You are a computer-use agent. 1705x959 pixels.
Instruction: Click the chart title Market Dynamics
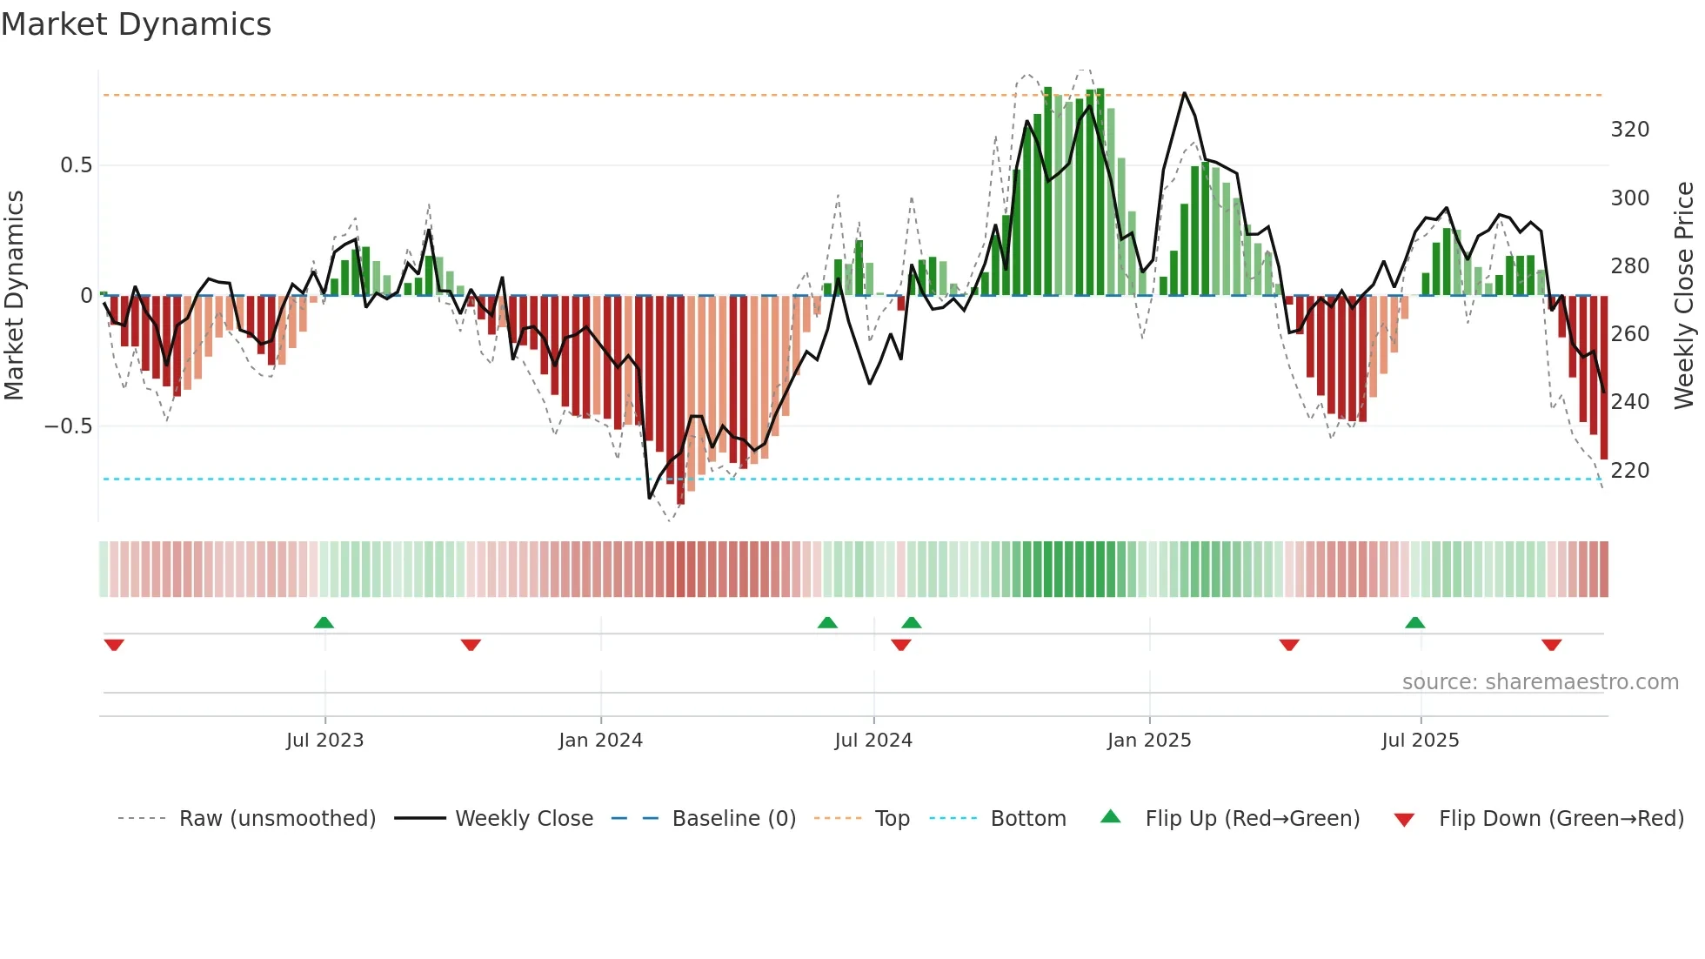point(136,24)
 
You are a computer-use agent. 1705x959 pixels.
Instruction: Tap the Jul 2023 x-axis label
point(324,741)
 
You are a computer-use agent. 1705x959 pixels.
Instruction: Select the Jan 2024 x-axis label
point(600,741)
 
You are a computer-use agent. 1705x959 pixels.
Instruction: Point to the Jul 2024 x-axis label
point(873,741)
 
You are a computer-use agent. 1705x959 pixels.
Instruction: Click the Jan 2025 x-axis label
point(1149,741)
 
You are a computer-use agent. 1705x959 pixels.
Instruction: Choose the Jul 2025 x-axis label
point(1421,741)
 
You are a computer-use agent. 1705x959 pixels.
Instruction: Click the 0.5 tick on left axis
point(76,165)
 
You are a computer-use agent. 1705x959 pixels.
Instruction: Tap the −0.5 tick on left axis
point(69,426)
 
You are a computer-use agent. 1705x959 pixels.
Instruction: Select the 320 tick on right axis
point(1630,130)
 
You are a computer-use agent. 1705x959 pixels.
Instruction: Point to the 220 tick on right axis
point(1630,471)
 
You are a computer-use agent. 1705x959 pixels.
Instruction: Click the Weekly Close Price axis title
point(1684,295)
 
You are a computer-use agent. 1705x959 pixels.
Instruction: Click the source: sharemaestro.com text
point(1540,682)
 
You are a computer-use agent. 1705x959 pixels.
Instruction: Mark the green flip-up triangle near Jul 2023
point(324,622)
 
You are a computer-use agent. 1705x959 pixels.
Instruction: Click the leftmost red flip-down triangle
point(114,645)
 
